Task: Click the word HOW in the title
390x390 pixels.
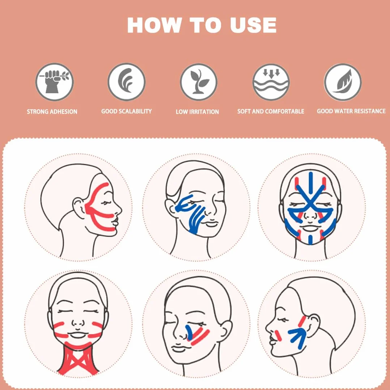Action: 154,25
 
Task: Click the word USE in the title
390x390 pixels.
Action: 253,25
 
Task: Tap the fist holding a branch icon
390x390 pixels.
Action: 54,82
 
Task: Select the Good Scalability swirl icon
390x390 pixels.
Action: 127,82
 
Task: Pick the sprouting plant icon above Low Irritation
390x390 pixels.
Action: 199,82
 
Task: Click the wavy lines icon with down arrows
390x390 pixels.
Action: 271,82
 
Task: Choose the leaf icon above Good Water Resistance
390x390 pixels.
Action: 343,82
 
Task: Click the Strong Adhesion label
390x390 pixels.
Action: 52,112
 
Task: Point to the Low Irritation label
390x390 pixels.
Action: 197,112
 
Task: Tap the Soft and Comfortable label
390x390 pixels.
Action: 271,111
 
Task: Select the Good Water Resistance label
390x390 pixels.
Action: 351,111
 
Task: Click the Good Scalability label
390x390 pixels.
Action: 126,111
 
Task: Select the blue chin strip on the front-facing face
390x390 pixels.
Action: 310,239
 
